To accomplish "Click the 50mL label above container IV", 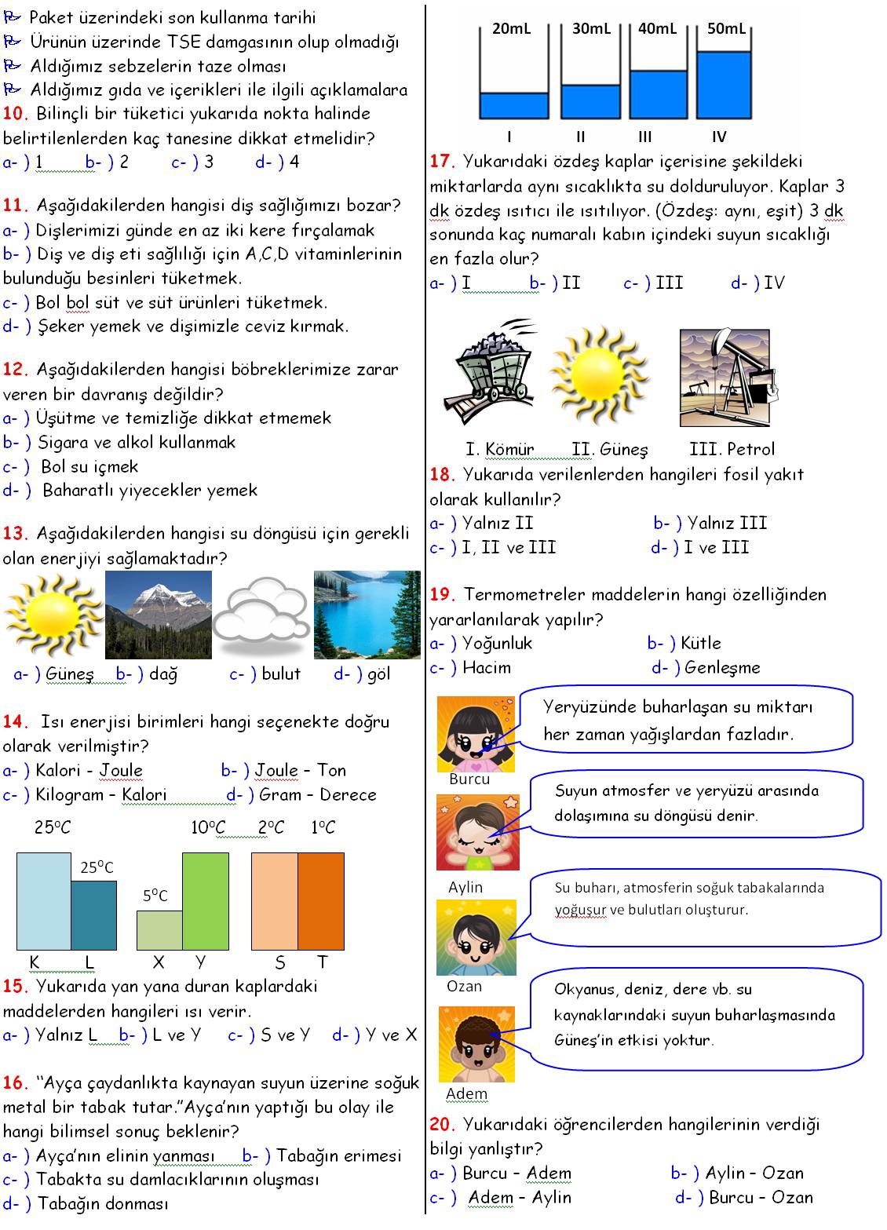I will click(726, 29).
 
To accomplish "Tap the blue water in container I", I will click(514, 104).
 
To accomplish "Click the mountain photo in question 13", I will click(158, 614).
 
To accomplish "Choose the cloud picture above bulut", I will click(261, 614).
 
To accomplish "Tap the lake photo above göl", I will click(367, 614).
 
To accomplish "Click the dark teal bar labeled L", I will click(94, 915).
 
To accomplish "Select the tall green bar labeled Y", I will click(206, 901).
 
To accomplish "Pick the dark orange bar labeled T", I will click(320, 901).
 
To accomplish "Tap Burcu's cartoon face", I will click(476, 733).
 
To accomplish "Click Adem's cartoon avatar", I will click(476, 1045).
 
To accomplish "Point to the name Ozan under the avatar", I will click(464, 987).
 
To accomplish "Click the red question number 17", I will click(443, 162).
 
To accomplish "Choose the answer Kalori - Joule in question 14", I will click(89, 771).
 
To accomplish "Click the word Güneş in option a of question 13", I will click(70, 674).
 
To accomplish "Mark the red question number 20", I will click(443, 1125).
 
